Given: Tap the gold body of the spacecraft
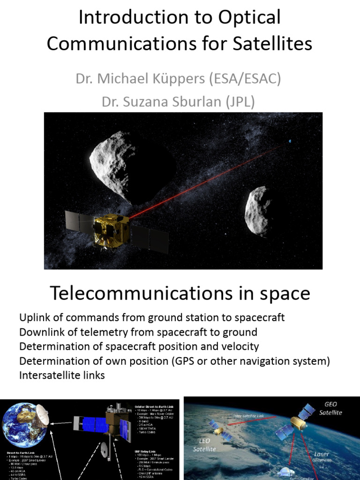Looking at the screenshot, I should click(x=112, y=231).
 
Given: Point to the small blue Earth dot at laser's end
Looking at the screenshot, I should click(x=290, y=141).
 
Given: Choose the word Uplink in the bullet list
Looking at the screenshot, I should click(x=34, y=318).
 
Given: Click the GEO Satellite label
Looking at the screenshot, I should click(x=331, y=408).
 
